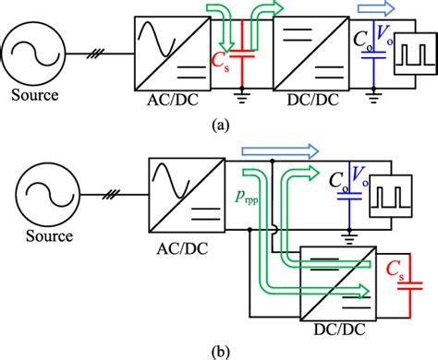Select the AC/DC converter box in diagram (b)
[x=184, y=190]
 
